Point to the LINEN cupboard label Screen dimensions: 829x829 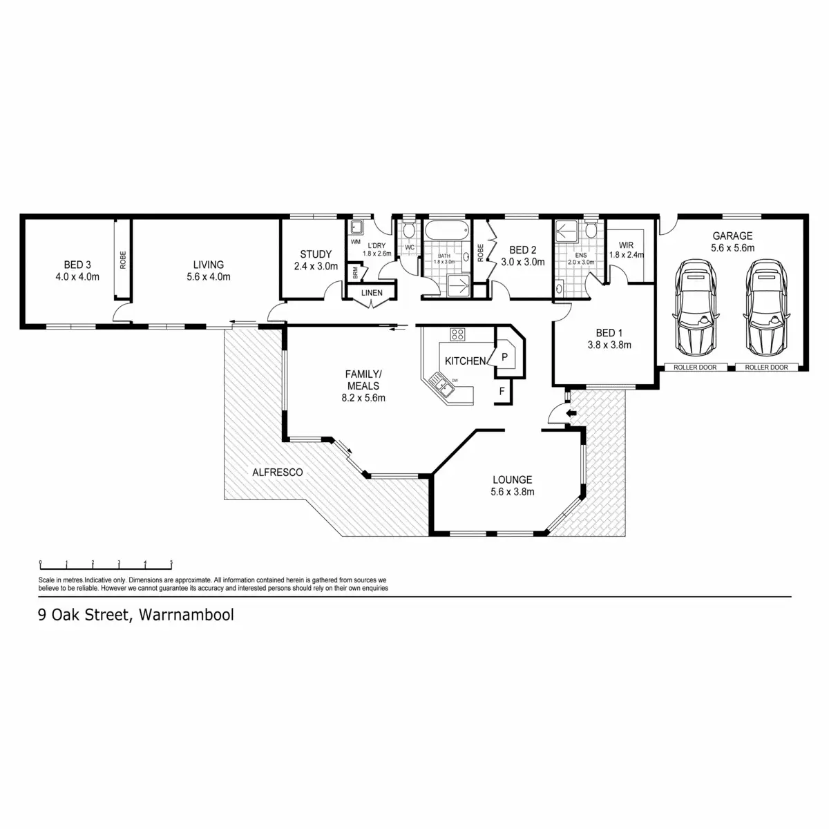[x=372, y=293]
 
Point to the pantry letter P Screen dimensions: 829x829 [x=504, y=356]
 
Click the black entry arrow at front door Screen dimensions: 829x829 [x=571, y=414]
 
